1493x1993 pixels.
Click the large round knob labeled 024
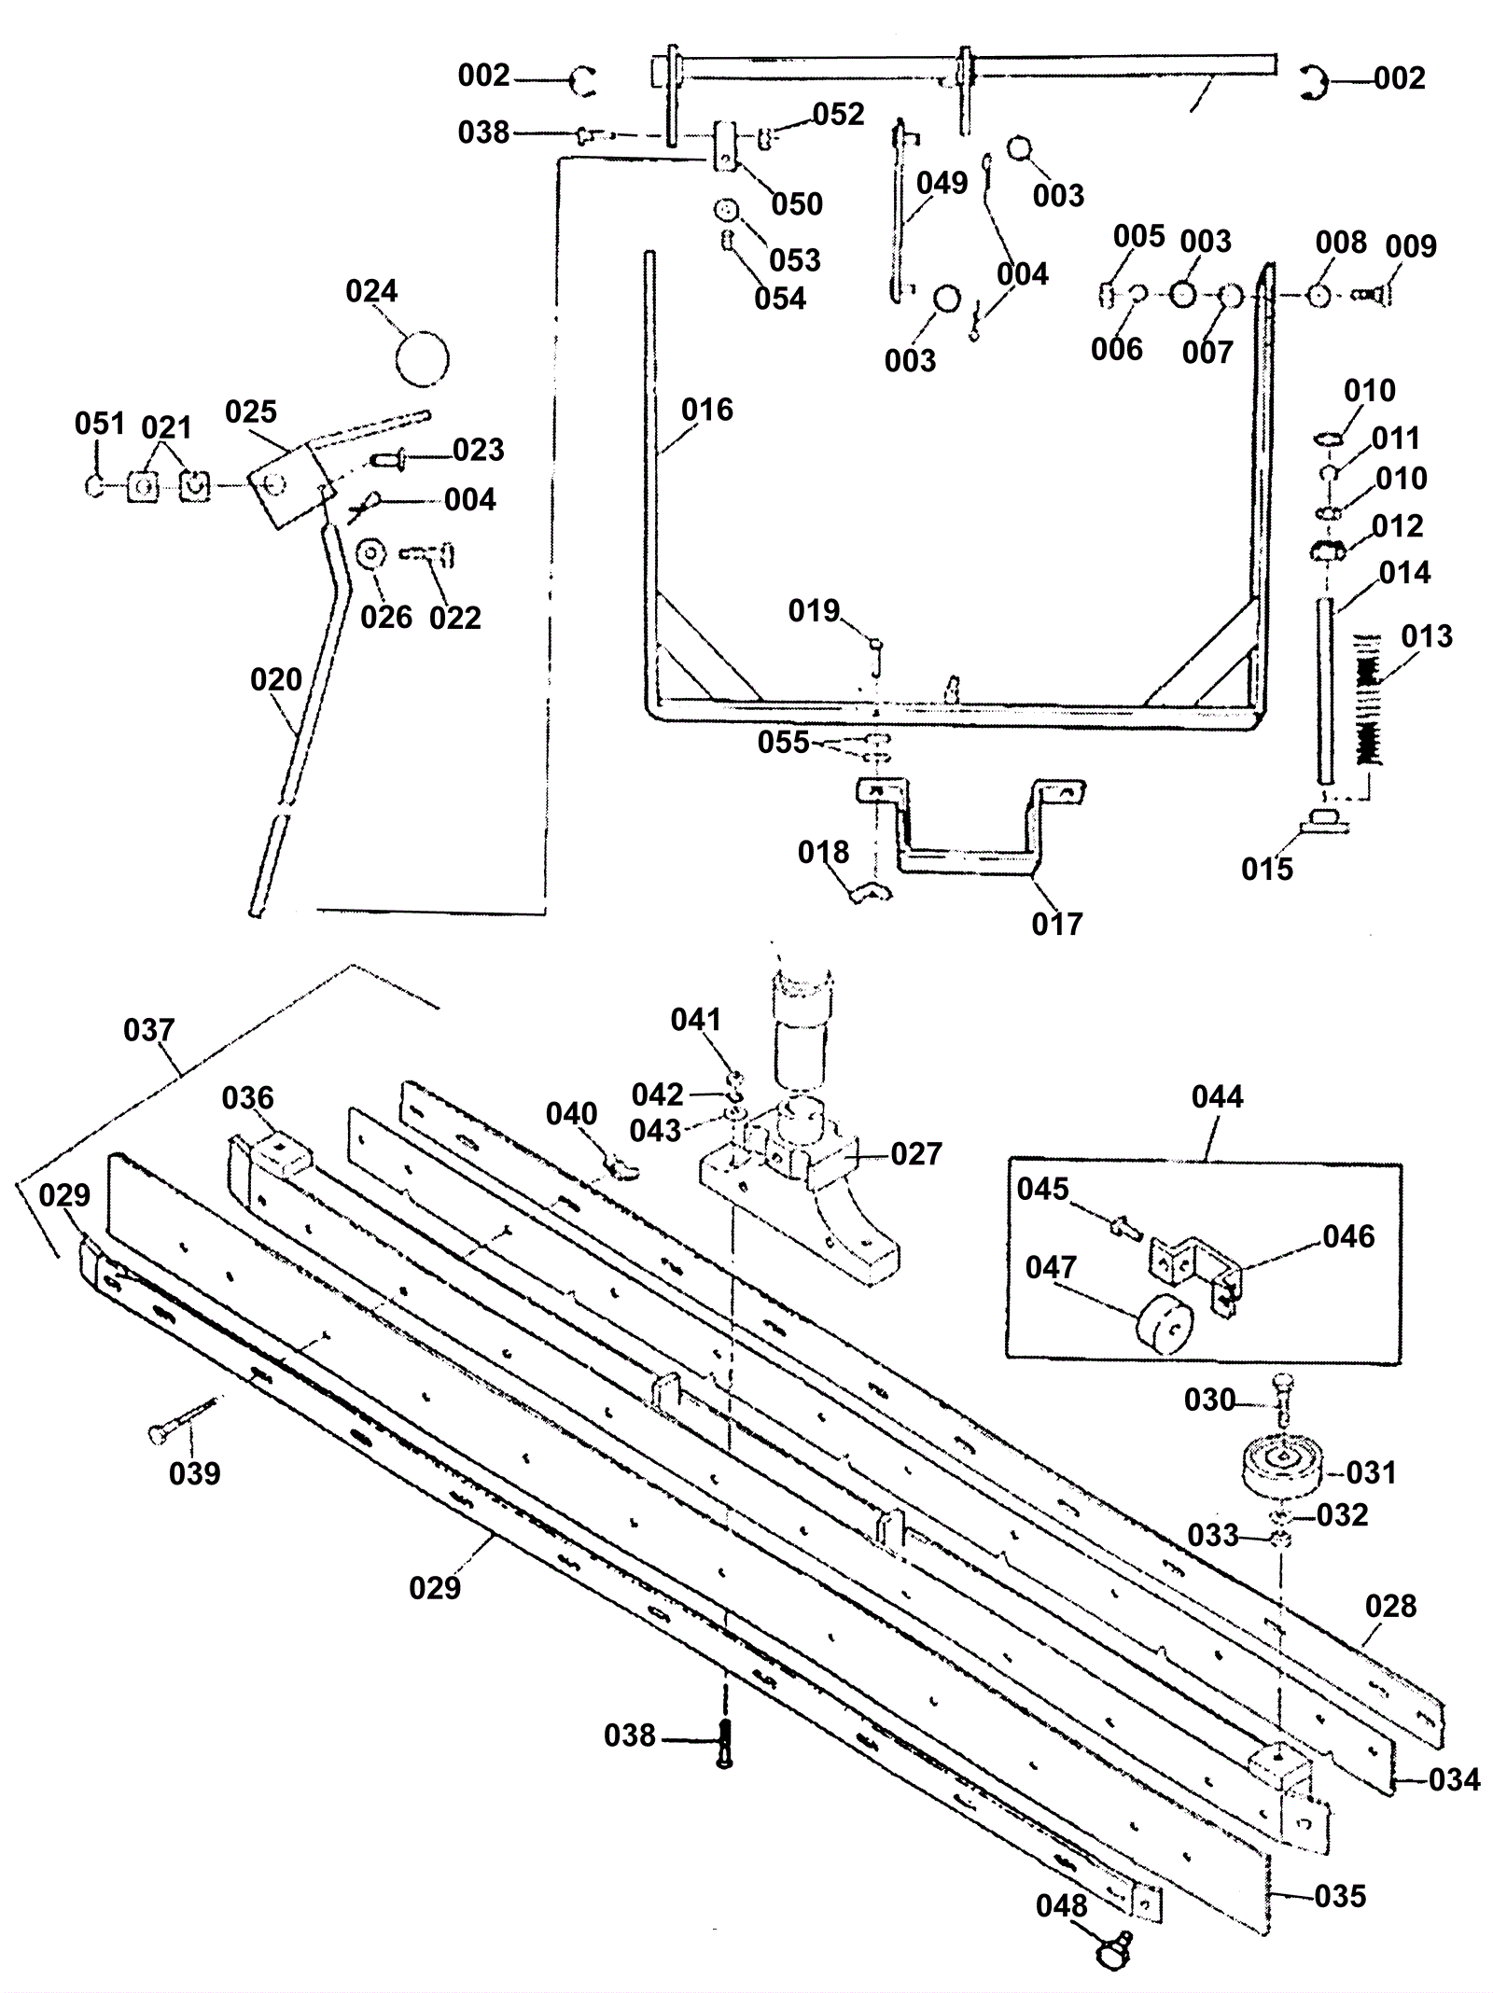pos(422,358)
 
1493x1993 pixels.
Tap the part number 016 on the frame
pos(707,410)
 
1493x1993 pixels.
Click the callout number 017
pos(1057,924)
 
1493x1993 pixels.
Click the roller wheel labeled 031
pos(1284,1473)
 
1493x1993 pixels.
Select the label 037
pos(149,1030)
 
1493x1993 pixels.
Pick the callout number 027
pos(916,1154)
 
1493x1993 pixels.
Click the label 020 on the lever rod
pos(276,679)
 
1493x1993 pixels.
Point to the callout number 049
pos(942,183)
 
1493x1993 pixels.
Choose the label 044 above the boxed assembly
pos(1218,1096)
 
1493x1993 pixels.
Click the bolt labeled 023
pos(390,459)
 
